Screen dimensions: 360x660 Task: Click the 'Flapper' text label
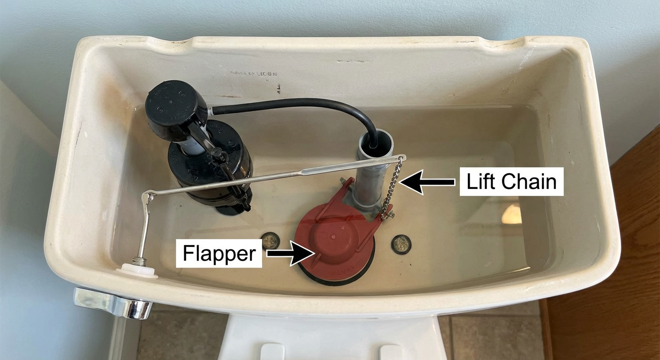coord(219,254)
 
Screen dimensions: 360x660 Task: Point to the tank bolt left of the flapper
coord(270,240)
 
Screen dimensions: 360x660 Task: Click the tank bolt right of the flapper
coord(401,244)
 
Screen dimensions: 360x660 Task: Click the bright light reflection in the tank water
coord(511,214)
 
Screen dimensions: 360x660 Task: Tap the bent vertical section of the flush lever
coord(146,225)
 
